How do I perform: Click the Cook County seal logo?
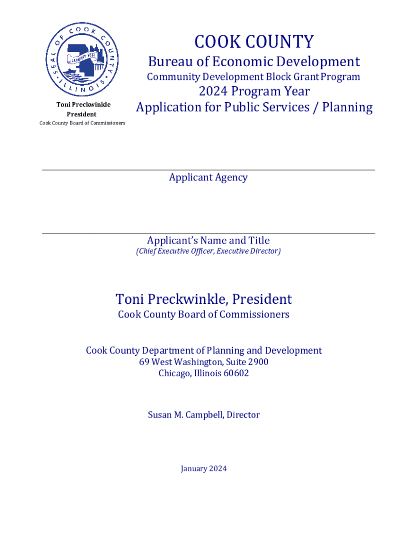click(x=83, y=58)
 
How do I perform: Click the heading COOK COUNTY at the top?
click(x=254, y=41)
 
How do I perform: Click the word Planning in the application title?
click(x=348, y=107)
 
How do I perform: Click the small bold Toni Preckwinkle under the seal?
click(x=83, y=104)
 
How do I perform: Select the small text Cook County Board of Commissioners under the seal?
click(x=83, y=123)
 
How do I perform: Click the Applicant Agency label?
click(x=208, y=177)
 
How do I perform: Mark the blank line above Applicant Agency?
click(x=208, y=170)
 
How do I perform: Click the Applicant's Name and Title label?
click(x=208, y=240)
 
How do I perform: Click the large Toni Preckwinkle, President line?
click(x=204, y=299)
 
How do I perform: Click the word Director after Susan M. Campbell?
click(x=243, y=415)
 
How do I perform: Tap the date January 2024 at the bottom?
click(x=203, y=468)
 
